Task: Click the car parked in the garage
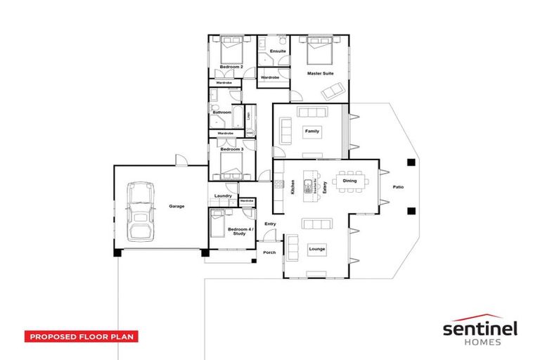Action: tap(141, 210)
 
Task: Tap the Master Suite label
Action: tap(320, 73)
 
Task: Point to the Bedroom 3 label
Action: tap(231, 149)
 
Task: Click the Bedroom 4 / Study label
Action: tap(237, 231)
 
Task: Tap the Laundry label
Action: tap(223, 195)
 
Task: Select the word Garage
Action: tap(176, 207)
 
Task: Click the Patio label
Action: tap(398, 187)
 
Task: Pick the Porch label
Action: tap(269, 252)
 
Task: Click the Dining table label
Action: tap(349, 181)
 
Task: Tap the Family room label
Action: tap(311, 131)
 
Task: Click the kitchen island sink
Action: tap(307, 186)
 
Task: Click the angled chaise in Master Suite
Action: tap(335, 90)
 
